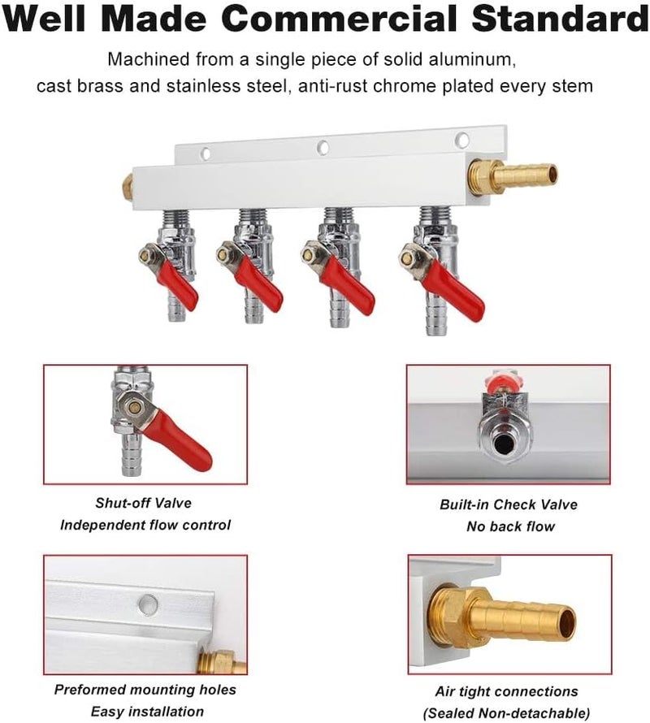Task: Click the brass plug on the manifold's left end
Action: click(x=128, y=186)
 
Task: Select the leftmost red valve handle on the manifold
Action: click(x=178, y=284)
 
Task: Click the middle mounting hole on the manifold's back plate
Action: click(x=323, y=148)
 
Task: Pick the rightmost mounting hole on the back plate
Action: click(x=461, y=139)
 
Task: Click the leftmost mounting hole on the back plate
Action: click(x=205, y=153)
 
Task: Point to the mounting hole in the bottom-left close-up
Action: click(x=147, y=604)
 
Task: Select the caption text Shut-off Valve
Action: click(x=144, y=504)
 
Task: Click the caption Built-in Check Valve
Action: click(x=509, y=504)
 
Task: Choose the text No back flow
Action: click(x=510, y=526)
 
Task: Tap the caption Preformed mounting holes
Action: click(x=145, y=690)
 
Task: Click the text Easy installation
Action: click(x=147, y=712)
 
